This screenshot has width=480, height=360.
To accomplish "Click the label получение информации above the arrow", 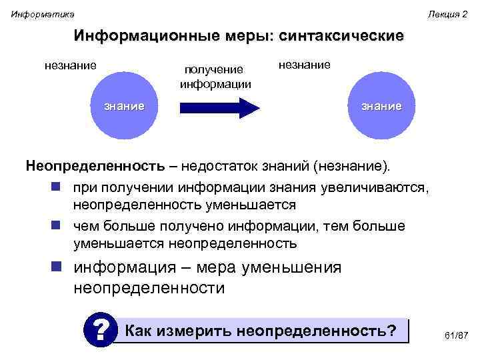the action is coord(215,77).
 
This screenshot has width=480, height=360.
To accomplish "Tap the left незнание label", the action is coord(70,65).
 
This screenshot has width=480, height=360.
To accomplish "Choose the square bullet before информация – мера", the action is coord(58,268).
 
